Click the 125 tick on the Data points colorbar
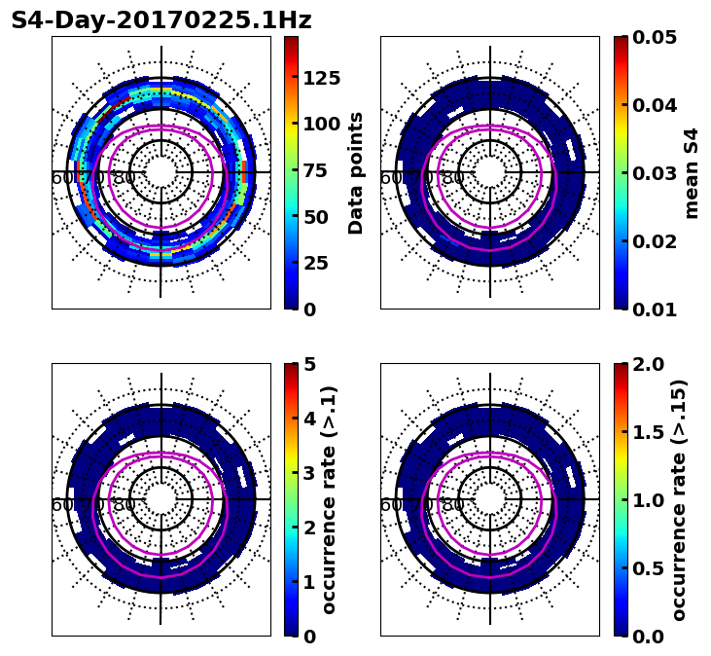click(321, 78)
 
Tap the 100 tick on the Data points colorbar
click(321, 124)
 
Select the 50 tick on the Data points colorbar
click(315, 216)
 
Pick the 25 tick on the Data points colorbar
click(315, 263)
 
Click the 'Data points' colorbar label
click(356, 172)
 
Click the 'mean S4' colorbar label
click(692, 172)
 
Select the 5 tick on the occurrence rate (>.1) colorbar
click(309, 364)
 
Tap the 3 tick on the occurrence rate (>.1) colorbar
click(309, 473)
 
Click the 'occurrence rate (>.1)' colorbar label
click(329, 499)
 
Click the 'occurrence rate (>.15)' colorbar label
click(679, 499)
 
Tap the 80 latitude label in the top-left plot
click(124, 178)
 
